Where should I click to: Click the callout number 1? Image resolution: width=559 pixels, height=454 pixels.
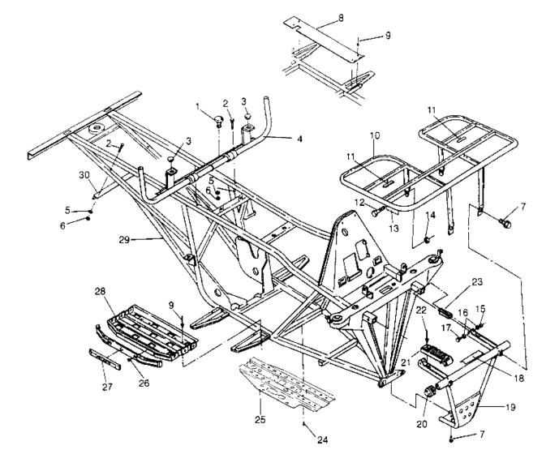(196, 106)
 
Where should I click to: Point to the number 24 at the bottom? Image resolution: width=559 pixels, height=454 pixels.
(323, 440)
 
